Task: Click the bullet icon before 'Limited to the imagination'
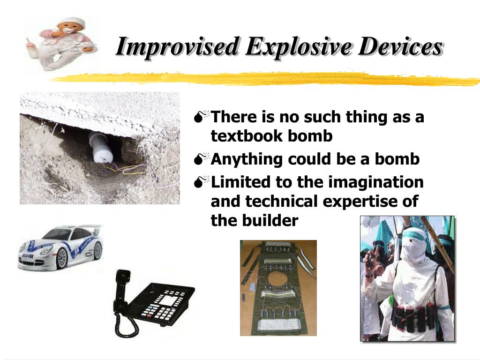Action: [x=202, y=181]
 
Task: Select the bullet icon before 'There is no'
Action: [x=202, y=117]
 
